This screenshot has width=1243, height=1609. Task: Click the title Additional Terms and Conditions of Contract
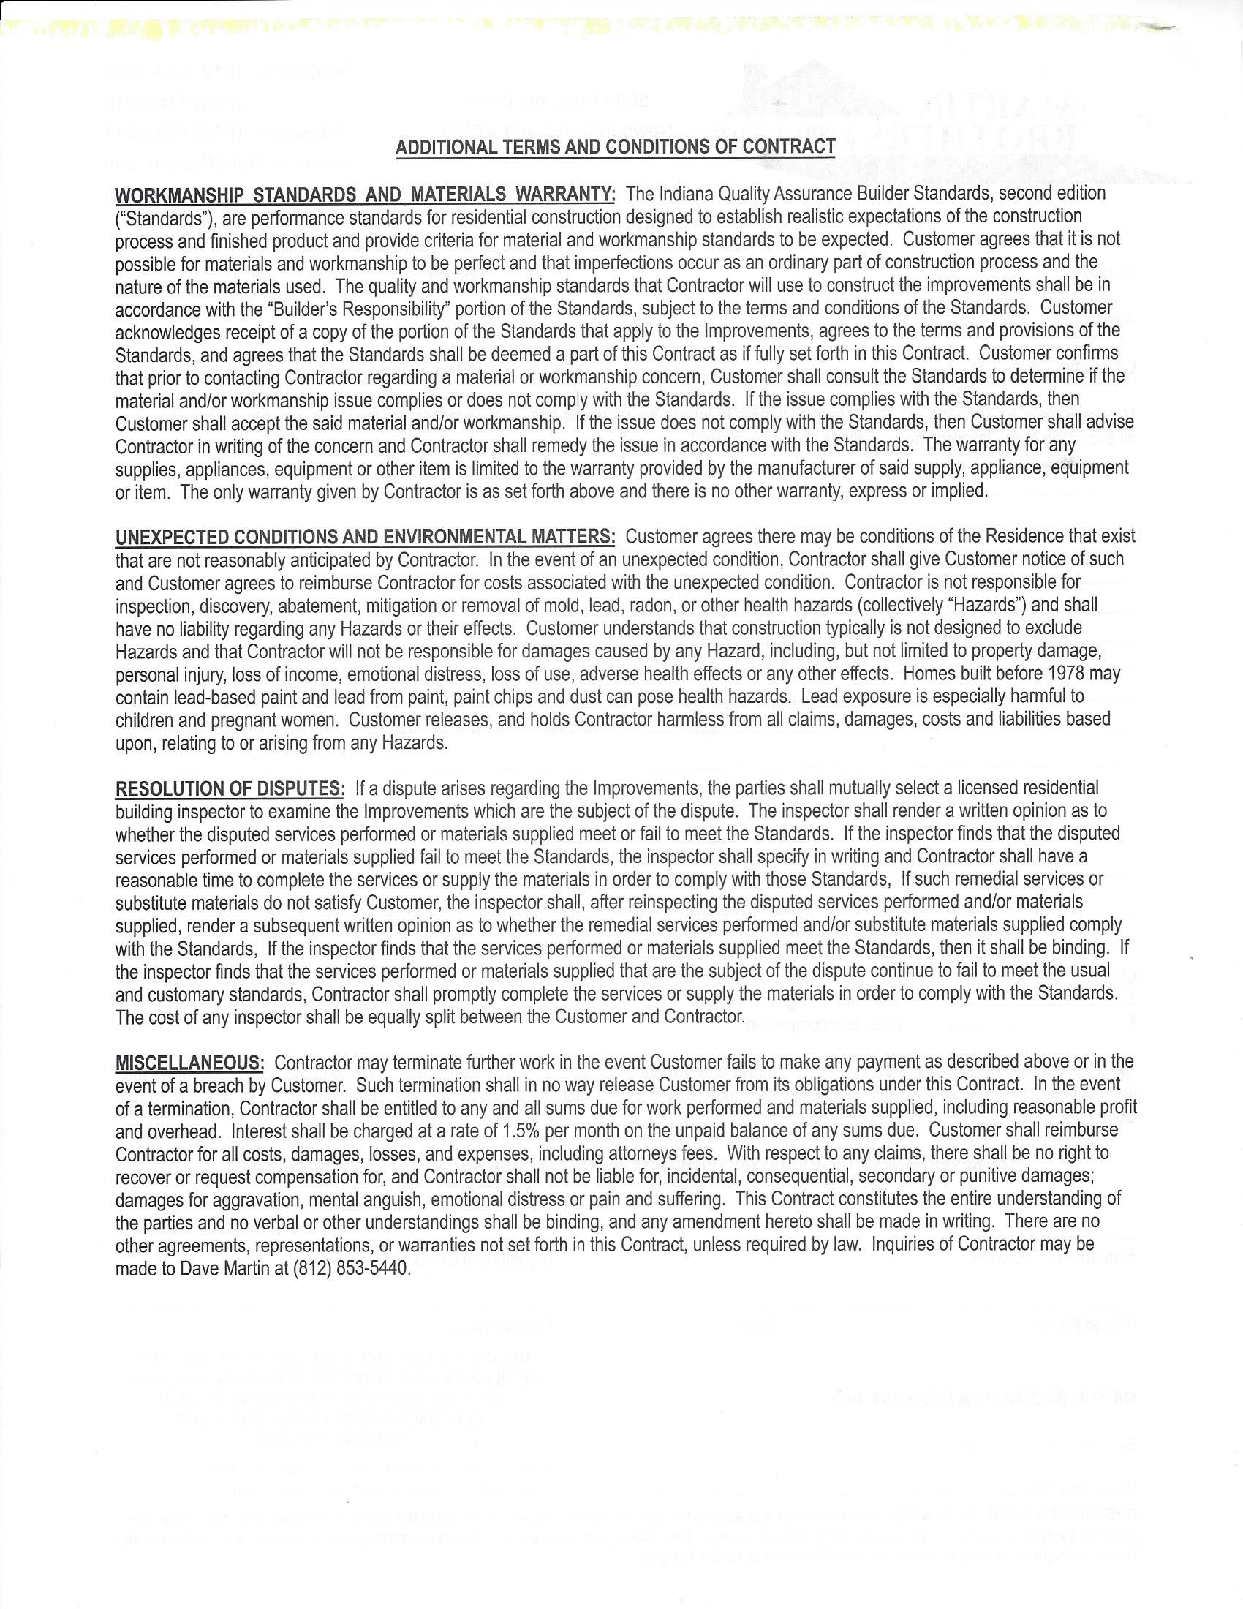[x=615, y=146]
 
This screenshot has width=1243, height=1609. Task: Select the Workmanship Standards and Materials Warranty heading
[x=366, y=195]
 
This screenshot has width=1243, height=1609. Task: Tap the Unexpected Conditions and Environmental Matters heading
[x=366, y=536]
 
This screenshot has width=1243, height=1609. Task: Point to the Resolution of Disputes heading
[x=230, y=788]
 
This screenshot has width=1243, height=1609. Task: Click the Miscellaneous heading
[x=189, y=1063]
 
